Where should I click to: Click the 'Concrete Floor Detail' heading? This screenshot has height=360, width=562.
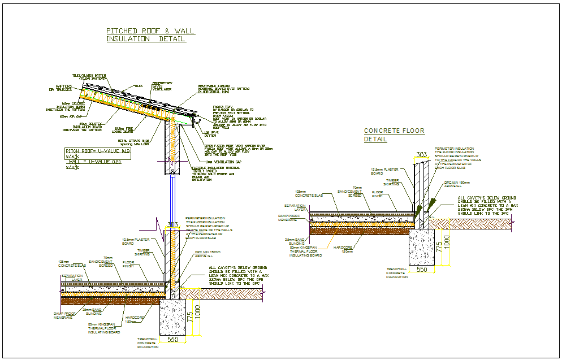[x=394, y=135]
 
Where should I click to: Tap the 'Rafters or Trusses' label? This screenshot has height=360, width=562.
[x=60, y=88]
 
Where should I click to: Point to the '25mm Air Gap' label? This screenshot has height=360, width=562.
[x=72, y=117]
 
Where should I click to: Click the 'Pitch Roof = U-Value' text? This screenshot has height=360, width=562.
[x=98, y=151]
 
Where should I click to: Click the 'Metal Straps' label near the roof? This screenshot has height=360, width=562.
[x=133, y=142]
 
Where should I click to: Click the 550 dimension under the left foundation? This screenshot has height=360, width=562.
[x=172, y=340]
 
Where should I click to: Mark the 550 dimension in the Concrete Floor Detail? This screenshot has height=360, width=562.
[x=421, y=270]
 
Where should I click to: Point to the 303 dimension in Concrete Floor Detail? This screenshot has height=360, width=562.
[x=421, y=154]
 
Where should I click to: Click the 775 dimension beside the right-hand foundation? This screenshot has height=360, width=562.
[x=439, y=247]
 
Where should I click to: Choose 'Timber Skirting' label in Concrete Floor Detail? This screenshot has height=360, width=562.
[x=391, y=182]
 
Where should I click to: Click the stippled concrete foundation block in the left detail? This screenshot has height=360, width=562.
[x=172, y=316]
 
